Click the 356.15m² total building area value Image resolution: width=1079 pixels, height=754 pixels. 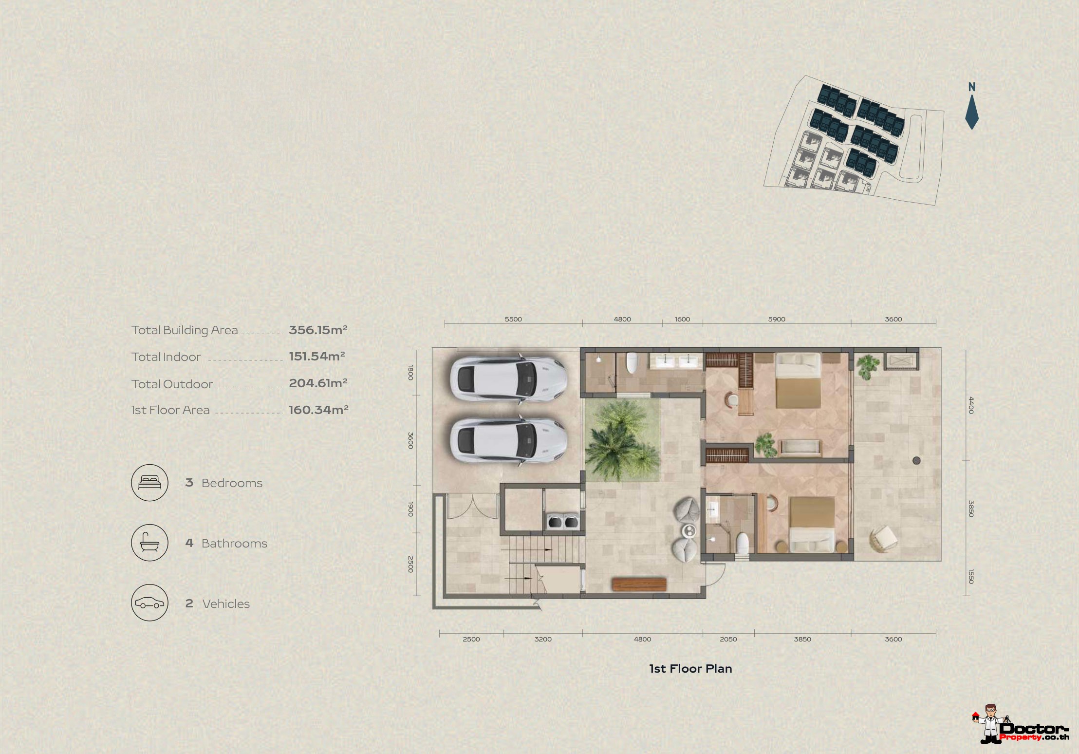click(318, 330)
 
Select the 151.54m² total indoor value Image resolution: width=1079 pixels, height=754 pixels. click(317, 356)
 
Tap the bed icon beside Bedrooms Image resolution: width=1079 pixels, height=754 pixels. click(149, 483)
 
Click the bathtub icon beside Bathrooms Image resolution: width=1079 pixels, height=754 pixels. click(149, 543)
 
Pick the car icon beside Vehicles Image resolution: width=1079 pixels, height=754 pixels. click(149, 603)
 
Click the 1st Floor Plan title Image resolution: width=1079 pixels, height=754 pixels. click(690, 669)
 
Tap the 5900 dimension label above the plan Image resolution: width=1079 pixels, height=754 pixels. click(777, 319)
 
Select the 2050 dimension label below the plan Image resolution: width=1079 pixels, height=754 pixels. click(728, 639)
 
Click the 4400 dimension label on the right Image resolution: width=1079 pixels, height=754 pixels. click(971, 405)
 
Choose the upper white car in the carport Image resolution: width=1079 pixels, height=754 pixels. click(508, 378)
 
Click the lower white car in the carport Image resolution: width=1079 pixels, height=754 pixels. click(508, 440)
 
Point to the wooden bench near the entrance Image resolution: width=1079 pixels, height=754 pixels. click(639, 584)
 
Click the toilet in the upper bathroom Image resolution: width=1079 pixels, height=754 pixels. click(632, 363)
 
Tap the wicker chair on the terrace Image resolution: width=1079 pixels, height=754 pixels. click(884, 539)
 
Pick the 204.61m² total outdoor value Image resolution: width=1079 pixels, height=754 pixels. click(318, 383)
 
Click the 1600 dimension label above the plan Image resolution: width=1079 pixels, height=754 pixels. click(682, 319)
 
